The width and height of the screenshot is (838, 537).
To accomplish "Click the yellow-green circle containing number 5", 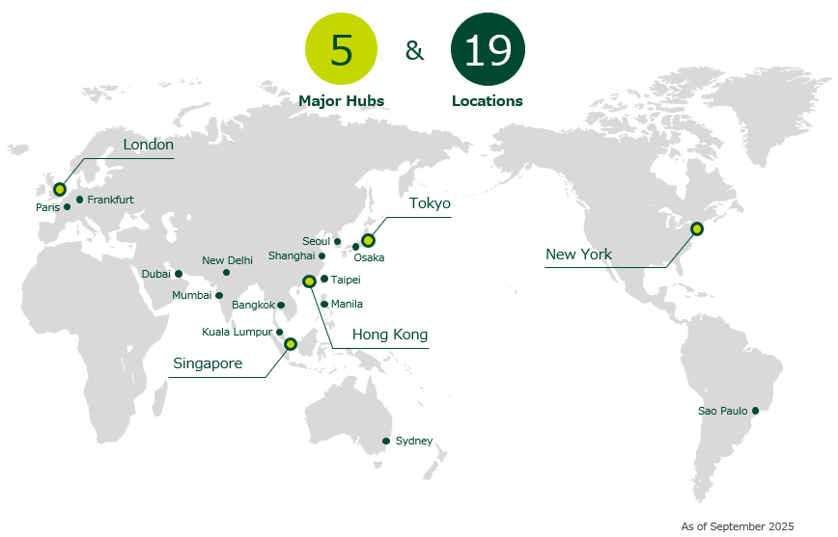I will coord(342,50).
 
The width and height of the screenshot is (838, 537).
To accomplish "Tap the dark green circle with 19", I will coord(488,50).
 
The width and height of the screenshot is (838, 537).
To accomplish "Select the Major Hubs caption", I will coord(341,100).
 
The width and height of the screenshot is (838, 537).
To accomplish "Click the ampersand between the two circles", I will coord(414,50).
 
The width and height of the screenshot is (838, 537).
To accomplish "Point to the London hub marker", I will coord(60,189).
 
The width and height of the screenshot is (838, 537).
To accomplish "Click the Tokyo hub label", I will coord(430,203).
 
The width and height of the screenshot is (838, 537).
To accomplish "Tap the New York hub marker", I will coord(697,228).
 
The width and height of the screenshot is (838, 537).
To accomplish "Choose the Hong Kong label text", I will coord(389,335).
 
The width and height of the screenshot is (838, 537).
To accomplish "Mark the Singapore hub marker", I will coord(291,344).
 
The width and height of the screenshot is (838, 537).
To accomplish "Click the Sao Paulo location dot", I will coord(755,411).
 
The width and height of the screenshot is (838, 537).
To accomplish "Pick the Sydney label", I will coord(414,441).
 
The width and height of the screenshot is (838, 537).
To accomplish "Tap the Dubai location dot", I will coord(179,274).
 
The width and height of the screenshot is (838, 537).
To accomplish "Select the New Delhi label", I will coord(227,260).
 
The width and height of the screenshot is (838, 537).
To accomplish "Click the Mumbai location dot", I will coord(219,296).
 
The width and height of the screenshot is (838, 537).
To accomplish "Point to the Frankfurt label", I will coord(110,200).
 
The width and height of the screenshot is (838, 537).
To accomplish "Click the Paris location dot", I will coord(68,207).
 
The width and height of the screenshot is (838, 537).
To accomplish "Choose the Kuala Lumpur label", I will coord(237,333).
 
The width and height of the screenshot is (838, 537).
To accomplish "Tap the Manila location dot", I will coord(324,305).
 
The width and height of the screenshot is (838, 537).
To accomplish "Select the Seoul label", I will coord(316,241).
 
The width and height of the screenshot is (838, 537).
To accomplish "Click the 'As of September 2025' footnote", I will coord(737,526).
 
